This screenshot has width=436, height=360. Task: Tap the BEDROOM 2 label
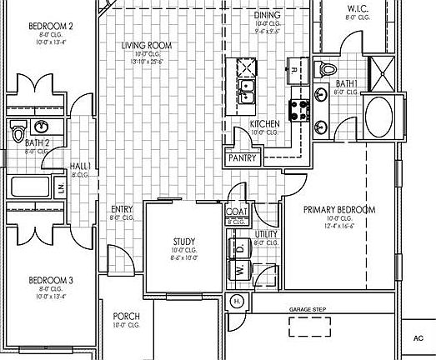51,26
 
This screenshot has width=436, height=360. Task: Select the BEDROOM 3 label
51,280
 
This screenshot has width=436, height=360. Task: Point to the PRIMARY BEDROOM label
339,209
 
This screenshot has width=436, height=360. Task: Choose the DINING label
266,15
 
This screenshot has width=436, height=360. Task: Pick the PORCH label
126,317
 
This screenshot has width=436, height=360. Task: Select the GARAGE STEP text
308,309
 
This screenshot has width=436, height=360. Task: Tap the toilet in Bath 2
18,130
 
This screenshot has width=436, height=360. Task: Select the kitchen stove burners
298,108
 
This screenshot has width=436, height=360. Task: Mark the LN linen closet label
60,187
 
